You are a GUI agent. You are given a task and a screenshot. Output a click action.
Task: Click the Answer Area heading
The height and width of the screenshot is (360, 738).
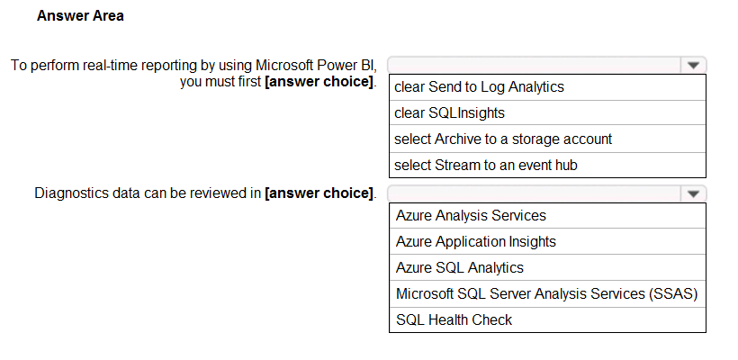(80, 16)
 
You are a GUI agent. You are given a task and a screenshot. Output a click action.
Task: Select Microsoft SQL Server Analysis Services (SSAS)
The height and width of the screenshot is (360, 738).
(546, 293)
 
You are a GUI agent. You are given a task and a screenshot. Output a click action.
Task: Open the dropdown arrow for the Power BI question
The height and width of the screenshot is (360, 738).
(693, 66)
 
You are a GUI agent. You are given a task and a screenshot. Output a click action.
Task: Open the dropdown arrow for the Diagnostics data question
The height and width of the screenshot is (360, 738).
(693, 193)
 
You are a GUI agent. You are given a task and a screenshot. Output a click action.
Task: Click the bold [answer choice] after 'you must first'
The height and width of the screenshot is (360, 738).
(319, 82)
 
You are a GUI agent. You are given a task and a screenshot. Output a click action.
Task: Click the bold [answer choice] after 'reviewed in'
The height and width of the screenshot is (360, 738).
(319, 193)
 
